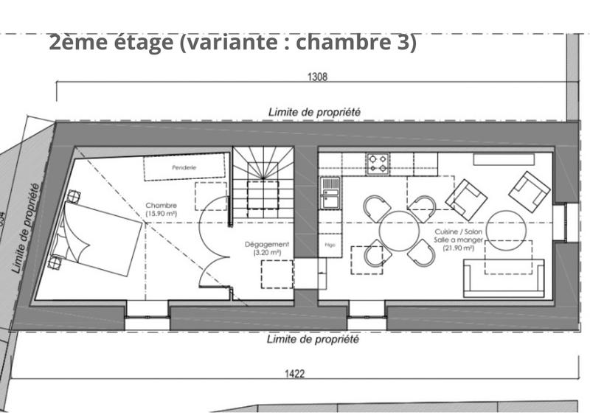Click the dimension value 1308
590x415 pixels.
[x=317, y=77]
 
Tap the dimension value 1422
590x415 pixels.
[x=294, y=374]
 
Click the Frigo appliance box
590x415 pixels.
[x=330, y=244]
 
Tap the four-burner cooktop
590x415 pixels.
[x=378, y=163]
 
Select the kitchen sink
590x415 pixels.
[x=330, y=196]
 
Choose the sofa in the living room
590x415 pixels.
[x=504, y=280]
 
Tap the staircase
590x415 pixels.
[x=263, y=181]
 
